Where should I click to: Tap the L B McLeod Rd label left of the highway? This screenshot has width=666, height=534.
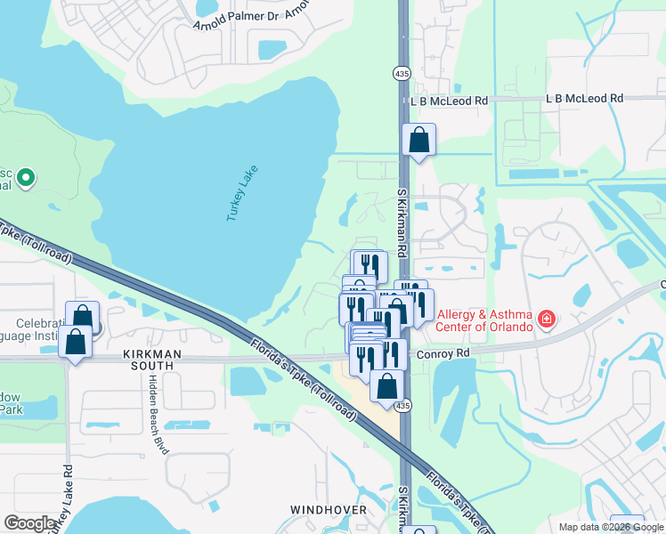450,101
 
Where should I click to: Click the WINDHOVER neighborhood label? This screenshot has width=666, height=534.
329,510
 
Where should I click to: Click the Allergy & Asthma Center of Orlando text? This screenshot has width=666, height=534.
483,320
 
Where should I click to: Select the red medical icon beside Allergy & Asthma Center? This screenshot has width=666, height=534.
546,319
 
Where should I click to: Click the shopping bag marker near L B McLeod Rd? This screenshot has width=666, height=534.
418,140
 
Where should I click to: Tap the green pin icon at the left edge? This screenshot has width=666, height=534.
26,178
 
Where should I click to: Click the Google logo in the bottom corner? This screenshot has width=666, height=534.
30,523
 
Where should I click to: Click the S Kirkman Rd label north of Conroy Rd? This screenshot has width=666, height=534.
402,223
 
